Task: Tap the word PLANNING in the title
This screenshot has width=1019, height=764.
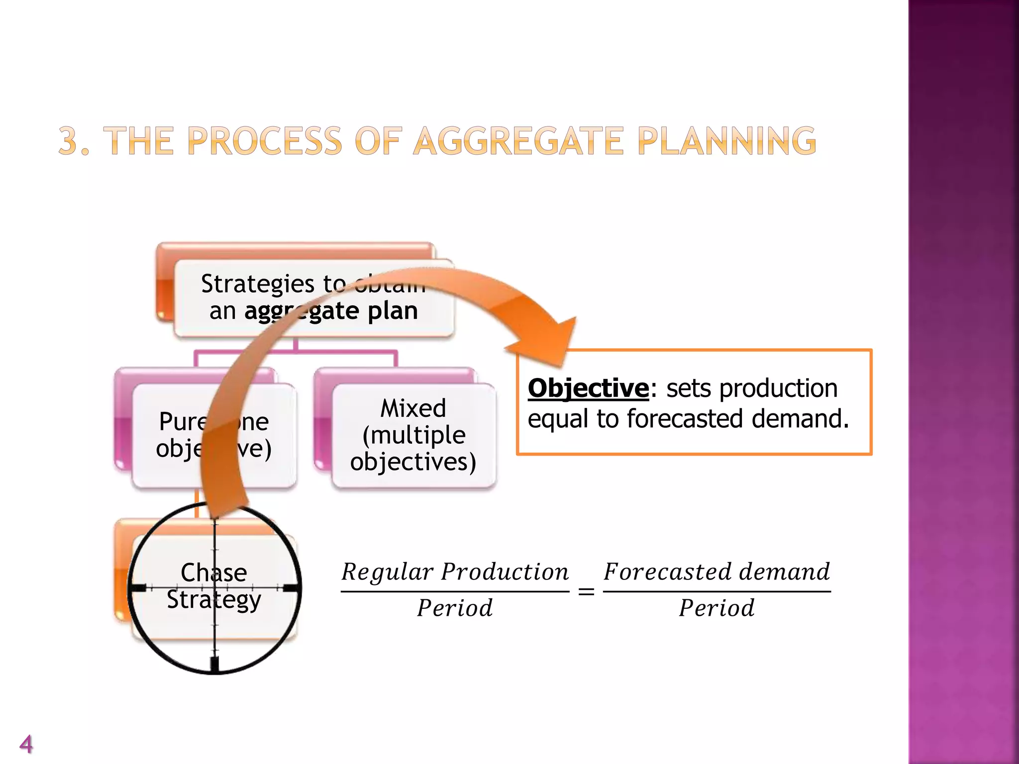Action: tap(726, 141)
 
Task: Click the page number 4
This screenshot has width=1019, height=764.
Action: tap(26, 744)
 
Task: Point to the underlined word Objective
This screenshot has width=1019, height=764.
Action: tap(588, 388)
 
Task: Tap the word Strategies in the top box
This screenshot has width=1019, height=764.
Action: tap(258, 284)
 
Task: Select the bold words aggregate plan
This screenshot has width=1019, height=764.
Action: tap(331, 311)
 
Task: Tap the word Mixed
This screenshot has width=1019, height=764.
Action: tap(413, 408)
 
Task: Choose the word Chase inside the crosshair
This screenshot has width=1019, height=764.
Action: tap(213, 573)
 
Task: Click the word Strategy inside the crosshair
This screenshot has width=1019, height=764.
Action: tap(213, 600)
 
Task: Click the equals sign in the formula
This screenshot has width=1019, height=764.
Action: tap(586, 592)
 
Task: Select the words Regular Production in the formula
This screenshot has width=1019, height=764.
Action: tap(455, 572)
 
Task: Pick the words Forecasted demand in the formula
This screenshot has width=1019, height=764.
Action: tap(716, 572)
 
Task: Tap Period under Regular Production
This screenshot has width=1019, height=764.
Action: tap(455, 608)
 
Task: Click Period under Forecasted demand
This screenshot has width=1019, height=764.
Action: tap(716, 608)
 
